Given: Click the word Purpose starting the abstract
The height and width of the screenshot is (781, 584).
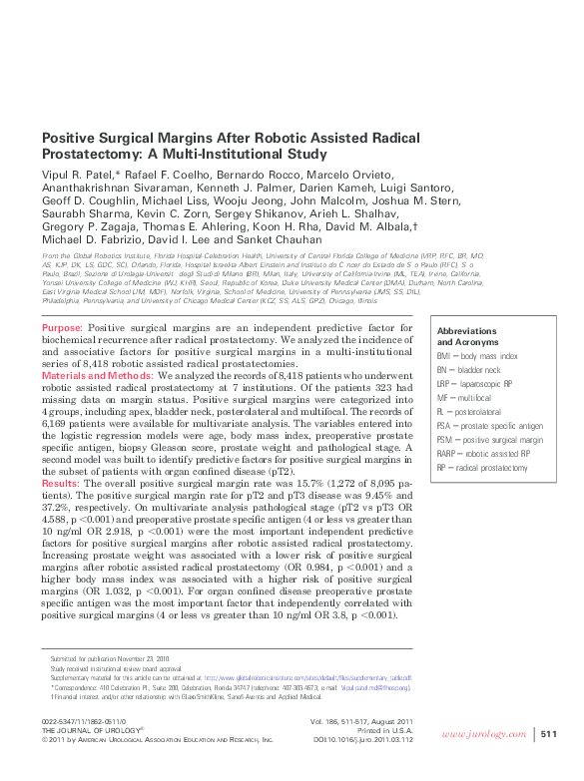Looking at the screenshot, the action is click(62, 328).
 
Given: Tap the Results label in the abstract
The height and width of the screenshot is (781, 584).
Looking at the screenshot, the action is click(58, 482).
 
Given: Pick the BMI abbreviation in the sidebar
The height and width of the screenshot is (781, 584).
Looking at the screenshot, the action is click(445, 356).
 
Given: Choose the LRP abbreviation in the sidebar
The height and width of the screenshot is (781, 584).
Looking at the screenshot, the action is click(445, 383).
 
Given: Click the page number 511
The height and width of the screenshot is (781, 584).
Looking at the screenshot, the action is click(548, 734).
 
